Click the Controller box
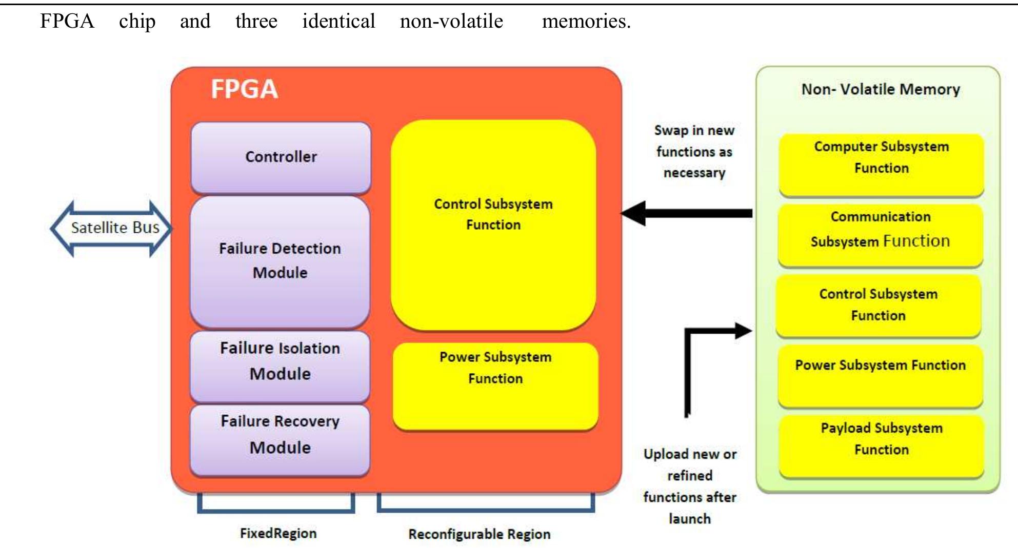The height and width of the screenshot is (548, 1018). [x=281, y=157]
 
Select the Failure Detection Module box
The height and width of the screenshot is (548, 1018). [x=280, y=261]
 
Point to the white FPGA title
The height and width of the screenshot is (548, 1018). [x=244, y=89]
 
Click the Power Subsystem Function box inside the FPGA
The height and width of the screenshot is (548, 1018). [x=495, y=385]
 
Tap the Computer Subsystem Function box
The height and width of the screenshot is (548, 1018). [x=881, y=164]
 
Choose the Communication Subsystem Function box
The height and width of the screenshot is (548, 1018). [x=880, y=235]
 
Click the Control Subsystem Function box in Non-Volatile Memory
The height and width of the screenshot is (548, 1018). [x=878, y=306]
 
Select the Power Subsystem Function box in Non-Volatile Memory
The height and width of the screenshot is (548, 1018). [x=880, y=376]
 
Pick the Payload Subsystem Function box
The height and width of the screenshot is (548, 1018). [x=881, y=445]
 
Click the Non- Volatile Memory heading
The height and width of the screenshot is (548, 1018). [x=880, y=89]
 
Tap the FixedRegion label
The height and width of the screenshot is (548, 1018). [x=278, y=533]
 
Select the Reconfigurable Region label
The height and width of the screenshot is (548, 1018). [x=479, y=534]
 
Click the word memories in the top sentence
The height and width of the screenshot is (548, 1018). [x=586, y=22]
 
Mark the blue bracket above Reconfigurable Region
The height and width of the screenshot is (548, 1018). [x=486, y=509]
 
